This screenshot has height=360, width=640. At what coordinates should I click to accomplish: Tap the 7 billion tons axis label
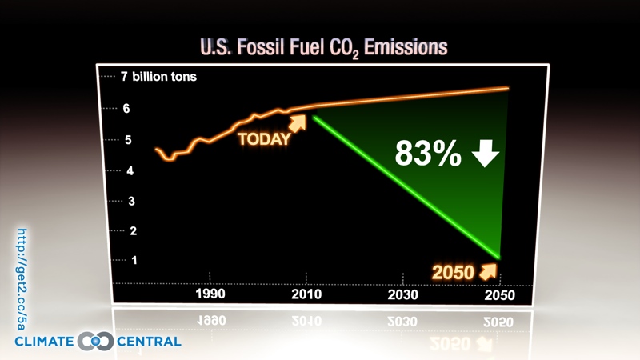pos(158,78)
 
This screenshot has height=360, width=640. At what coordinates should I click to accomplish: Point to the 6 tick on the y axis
pos(126,108)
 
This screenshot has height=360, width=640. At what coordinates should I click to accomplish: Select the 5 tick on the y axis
pos(127,141)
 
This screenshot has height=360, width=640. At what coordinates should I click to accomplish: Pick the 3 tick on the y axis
pos(131,202)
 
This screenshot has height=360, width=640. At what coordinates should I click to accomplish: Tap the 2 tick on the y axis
pos(133,231)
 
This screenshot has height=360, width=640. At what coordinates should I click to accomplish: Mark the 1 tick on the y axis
pos(134,260)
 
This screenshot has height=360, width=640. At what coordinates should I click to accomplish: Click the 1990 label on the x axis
pos(210,294)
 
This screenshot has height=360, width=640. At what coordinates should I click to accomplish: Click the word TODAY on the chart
pos(264,138)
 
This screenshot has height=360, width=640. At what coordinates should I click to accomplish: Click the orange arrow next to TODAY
pos(298,123)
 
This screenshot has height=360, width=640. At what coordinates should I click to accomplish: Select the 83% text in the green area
pos(429,153)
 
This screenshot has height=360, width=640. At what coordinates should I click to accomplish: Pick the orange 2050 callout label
pos(453,272)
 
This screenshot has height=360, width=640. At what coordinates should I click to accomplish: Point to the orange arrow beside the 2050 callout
pos(487,270)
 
